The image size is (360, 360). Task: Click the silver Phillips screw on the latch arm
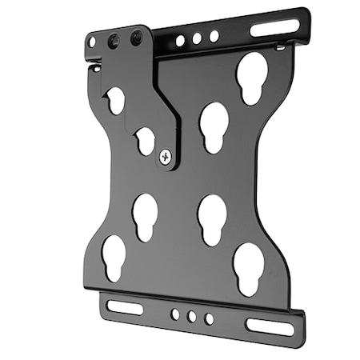click(166, 157)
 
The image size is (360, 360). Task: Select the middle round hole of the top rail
click(197, 38)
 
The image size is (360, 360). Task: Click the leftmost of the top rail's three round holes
click(181, 40)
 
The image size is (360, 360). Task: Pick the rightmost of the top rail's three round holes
click(214, 36)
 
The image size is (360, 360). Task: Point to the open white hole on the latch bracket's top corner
click(93, 42)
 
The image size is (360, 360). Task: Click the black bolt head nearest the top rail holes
click(137, 36)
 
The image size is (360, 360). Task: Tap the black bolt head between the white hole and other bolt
click(114, 38)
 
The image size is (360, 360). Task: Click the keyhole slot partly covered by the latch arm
click(145, 141)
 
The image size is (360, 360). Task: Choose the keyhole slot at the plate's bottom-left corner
click(114, 256)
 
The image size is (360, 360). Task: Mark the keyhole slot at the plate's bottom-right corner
click(249, 267)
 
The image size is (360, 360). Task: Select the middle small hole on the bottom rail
click(192, 317)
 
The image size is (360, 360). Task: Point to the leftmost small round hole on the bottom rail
click(175, 314)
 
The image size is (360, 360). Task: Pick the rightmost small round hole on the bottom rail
click(209, 318)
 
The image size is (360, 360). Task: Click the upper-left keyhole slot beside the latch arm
click(115, 100)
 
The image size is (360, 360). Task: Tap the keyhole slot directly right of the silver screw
click(214, 126)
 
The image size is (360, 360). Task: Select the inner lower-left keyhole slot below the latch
click(146, 216)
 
